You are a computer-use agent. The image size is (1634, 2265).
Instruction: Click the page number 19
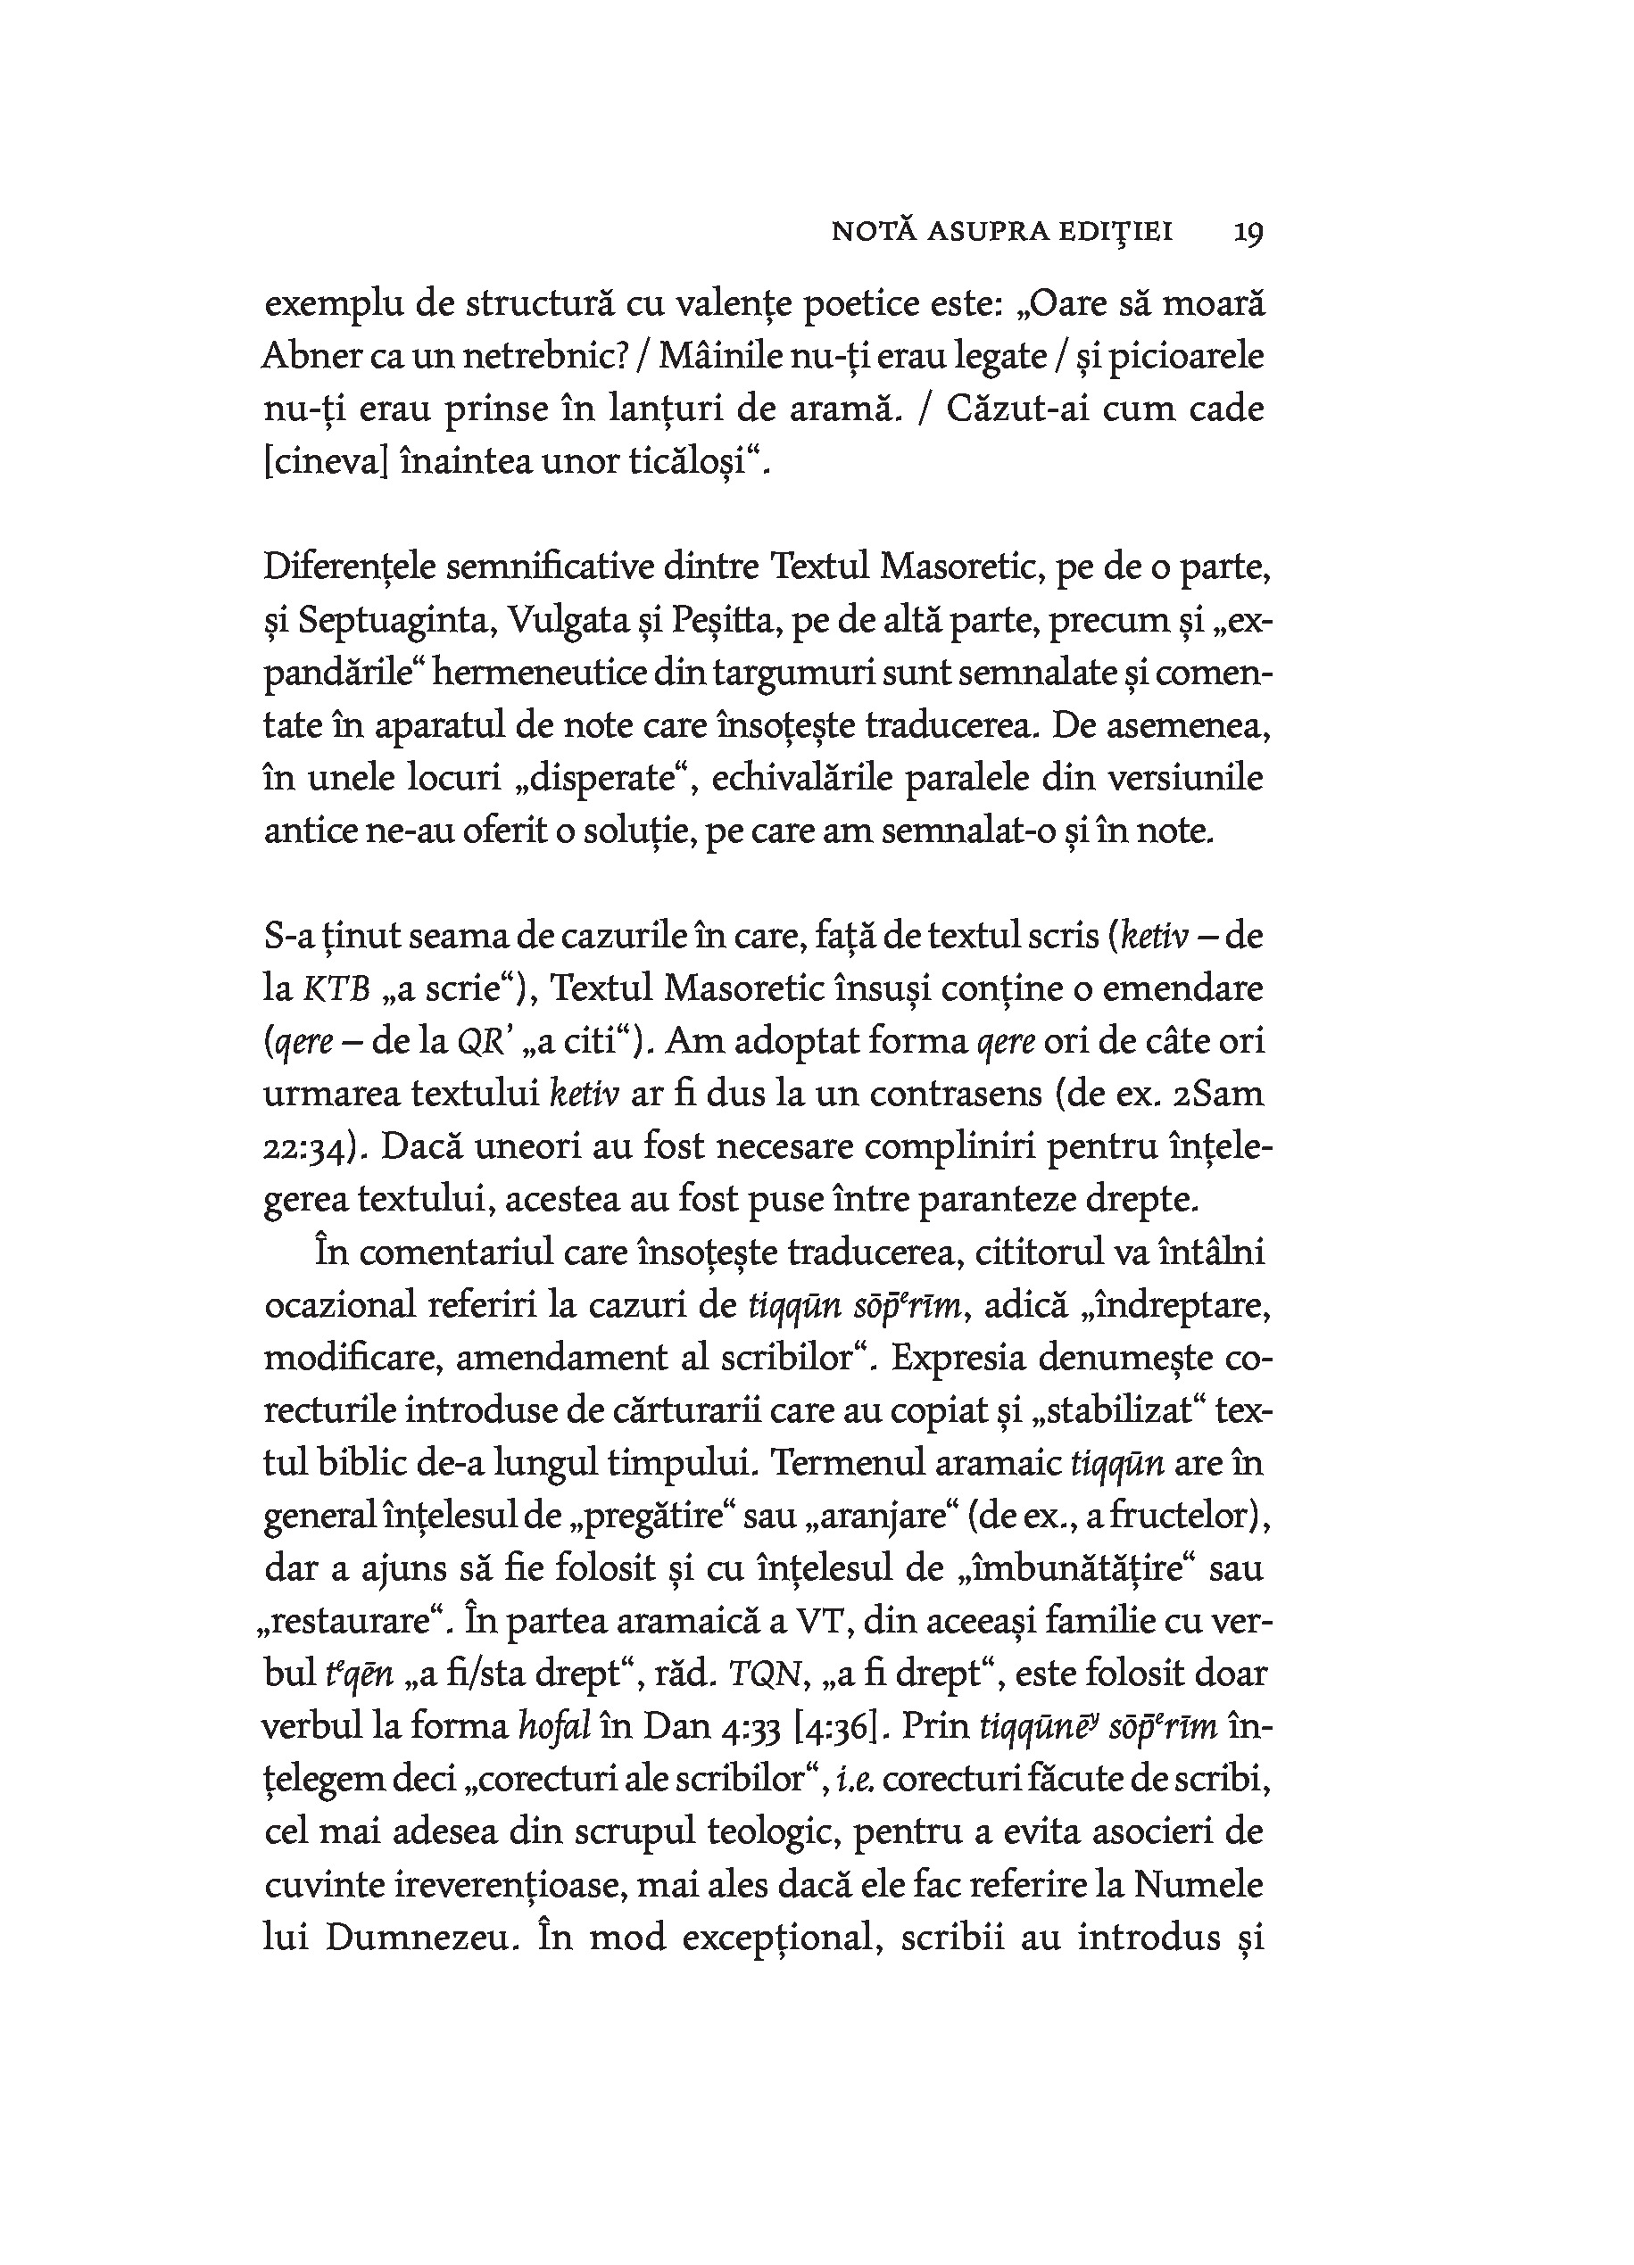coord(1248,233)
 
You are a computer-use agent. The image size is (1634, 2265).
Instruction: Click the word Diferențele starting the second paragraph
coord(350,567)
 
